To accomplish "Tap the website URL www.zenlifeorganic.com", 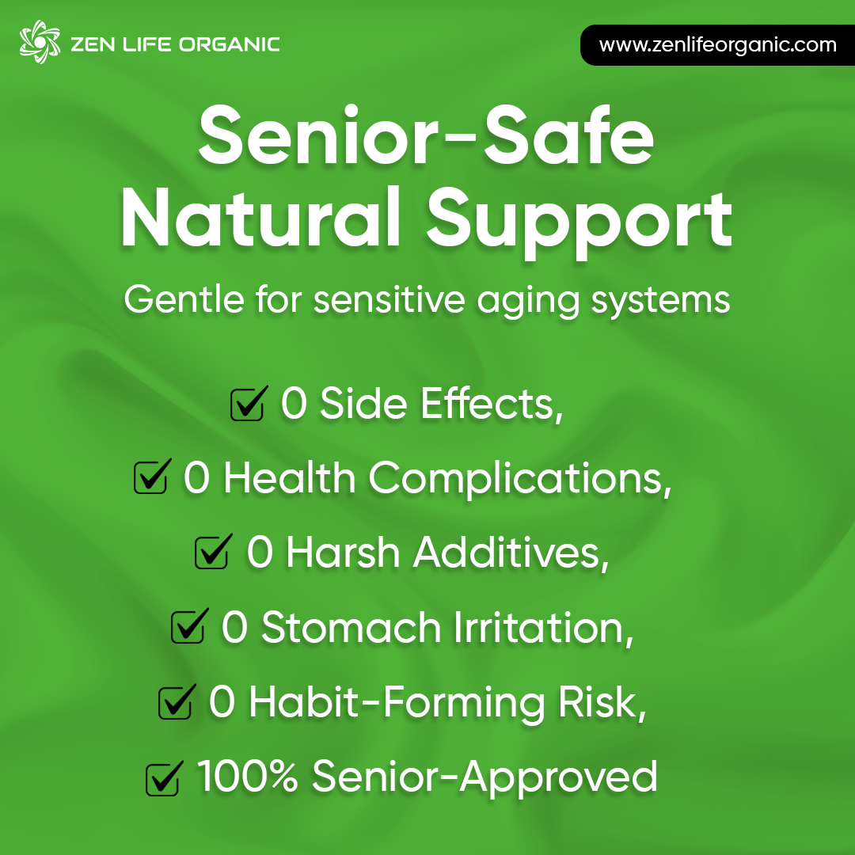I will click(717, 44).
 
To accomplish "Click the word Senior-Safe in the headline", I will click(426, 139).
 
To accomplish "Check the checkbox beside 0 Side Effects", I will click(246, 405).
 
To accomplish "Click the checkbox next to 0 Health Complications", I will click(150, 478).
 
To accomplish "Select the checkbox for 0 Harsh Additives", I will click(211, 553).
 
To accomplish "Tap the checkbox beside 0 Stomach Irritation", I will click(188, 628).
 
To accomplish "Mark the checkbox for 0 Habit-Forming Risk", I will click(175, 702).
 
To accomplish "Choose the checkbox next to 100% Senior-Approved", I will click(162, 778).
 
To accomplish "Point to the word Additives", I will click(511, 553).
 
